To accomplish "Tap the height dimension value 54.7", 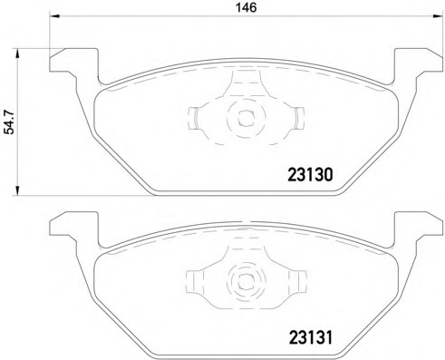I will pyautogui.click(x=10, y=119).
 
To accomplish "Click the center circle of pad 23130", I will pyautogui.click(x=244, y=116).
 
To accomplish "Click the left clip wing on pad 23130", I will pyautogui.click(x=197, y=117).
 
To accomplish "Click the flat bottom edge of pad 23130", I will pyautogui.click(x=244, y=191).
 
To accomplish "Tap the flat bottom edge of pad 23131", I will pyautogui.click(x=244, y=355).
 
